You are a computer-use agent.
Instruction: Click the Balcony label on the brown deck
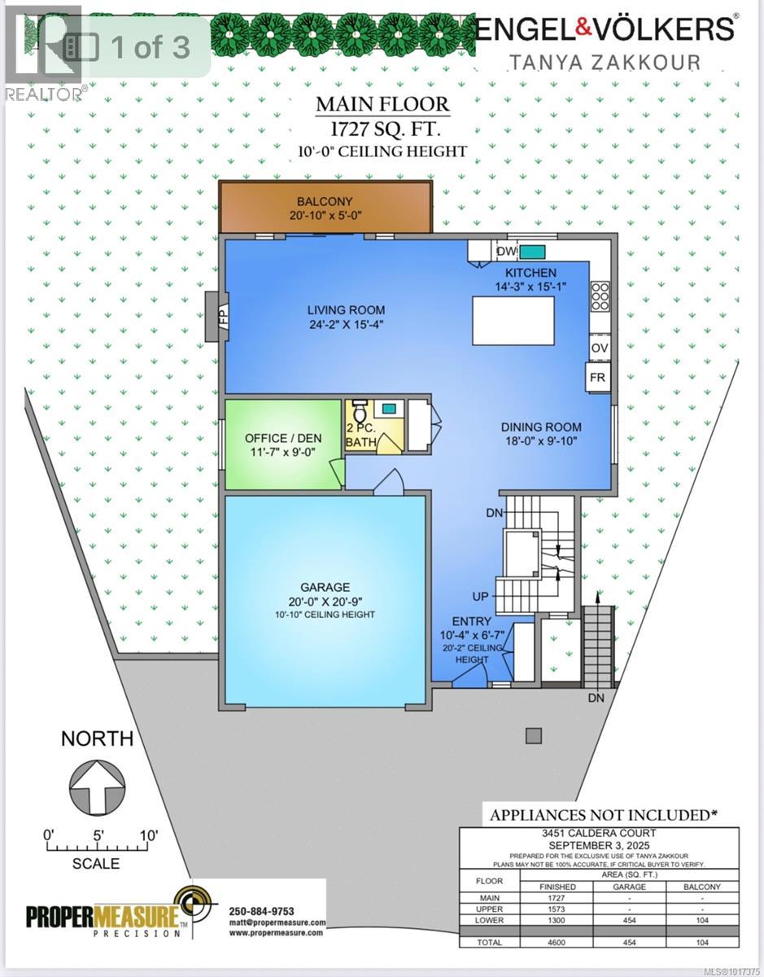click(x=325, y=202)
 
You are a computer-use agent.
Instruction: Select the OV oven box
click(x=600, y=348)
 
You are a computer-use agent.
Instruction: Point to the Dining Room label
click(x=540, y=427)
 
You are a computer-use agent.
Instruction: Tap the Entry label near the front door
click(x=472, y=622)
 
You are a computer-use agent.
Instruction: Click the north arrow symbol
click(x=98, y=786)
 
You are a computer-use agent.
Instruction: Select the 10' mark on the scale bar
click(x=148, y=835)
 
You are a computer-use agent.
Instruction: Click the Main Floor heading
click(x=382, y=104)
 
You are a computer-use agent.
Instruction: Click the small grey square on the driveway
click(x=533, y=736)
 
